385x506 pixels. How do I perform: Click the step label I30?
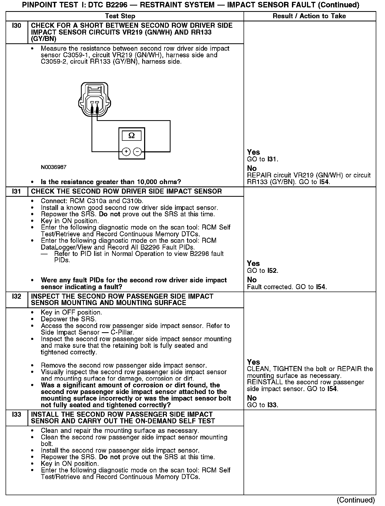click(x=16, y=26)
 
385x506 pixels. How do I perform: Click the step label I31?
click(x=16, y=191)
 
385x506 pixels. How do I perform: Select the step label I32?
click(x=16, y=297)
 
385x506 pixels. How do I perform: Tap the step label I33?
click(x=16, y=415)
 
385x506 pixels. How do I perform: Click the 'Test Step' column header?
click(x=120, y=16)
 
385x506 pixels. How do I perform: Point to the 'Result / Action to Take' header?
click(x=309, y=16)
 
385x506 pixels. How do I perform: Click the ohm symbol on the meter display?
click(x=131, y=136)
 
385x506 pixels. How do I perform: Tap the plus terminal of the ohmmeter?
click(x=126, y=152)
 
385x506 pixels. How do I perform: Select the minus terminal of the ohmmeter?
click(x=137, y=152)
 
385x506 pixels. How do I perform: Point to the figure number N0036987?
click(x=54, y=167)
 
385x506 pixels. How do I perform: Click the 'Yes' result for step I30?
click(x=253, y=152)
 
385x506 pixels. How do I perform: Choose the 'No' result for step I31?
click(x=252, y=280)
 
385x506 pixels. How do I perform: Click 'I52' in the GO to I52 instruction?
click(x=272, y=271)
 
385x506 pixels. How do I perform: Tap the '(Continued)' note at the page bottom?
click(x=356, y=500)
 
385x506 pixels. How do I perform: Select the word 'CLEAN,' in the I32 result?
click(x=259, y=369)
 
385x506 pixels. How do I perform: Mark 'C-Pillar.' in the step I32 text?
click(x=122, y=332)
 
